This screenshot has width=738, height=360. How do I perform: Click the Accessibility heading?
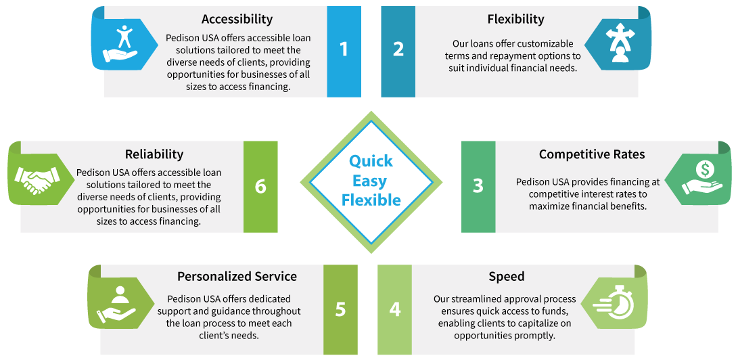[x=237, y=19]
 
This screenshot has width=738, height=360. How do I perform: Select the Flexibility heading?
[x=515, y=19]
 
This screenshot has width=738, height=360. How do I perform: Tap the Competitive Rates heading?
[x=592, y=154]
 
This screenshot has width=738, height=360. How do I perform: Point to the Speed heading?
[x=507, y=276]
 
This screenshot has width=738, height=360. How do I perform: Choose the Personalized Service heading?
[x=237, y=276]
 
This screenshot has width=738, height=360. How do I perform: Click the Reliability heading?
[x=154, y=154]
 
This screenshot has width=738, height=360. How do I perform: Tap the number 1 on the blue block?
[x=344, y=49]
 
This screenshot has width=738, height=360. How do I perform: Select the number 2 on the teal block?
[x=398, y=49]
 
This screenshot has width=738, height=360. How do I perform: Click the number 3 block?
[x=478, y=185]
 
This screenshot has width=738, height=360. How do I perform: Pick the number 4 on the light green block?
[x=395, y=309]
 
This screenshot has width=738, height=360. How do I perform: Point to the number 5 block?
[x=340, y=309]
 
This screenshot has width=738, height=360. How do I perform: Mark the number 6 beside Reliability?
[x=260, y=185]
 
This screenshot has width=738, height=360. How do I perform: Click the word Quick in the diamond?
[x=371, y=161]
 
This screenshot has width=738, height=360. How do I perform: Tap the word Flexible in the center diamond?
[x=371, y=200]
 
